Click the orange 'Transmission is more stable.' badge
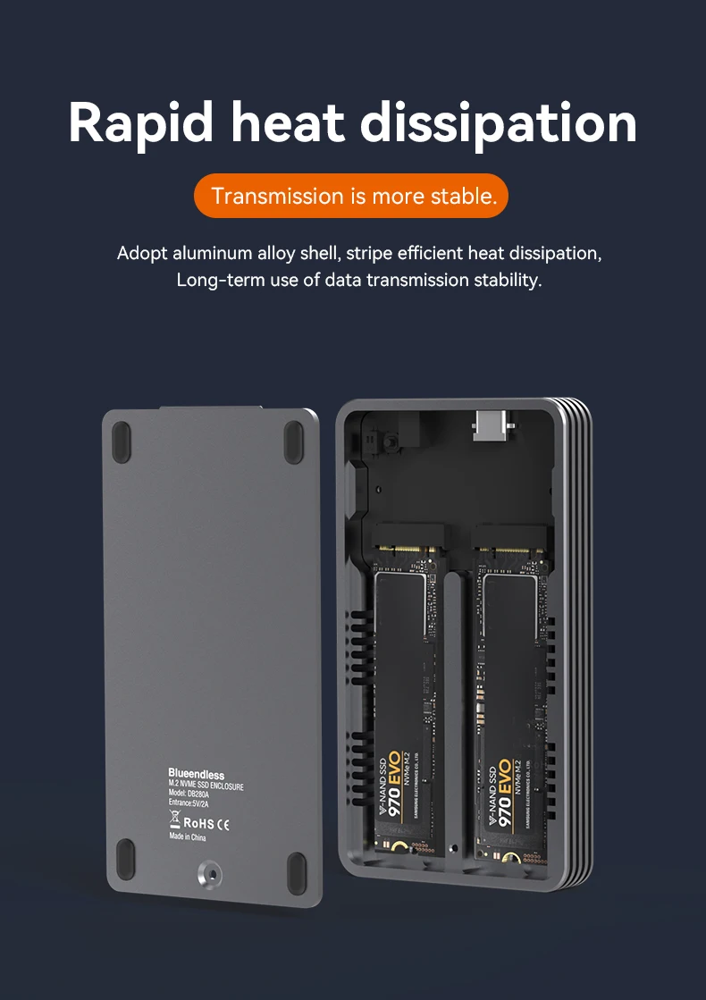[x=351, y=196]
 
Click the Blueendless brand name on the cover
[x=196, y=773]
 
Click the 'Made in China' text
[x=188, y=837]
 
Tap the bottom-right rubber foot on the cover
[x=296, y=869]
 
